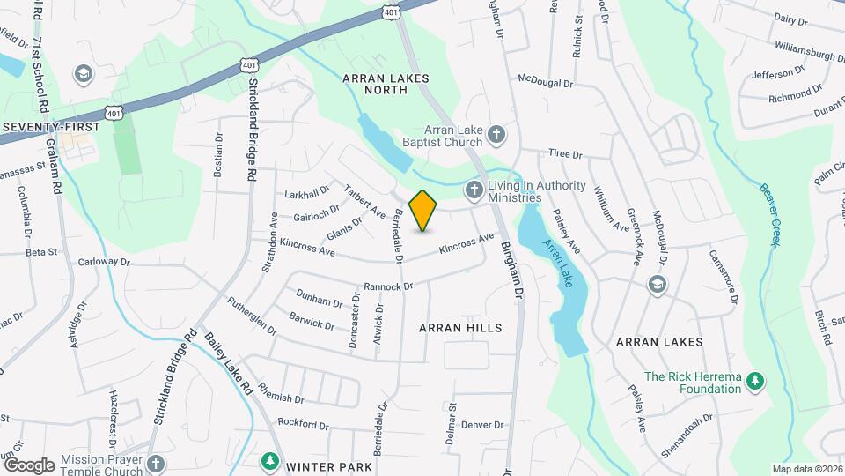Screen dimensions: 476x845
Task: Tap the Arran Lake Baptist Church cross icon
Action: [496, 134]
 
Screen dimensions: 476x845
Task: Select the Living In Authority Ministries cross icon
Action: [474, 189]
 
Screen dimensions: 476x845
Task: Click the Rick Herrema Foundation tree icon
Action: [754, 381]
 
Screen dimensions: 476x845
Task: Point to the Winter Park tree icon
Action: [269, 461]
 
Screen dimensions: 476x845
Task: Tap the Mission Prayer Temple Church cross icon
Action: [155, 463]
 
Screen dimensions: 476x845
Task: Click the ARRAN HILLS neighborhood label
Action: [460, 328]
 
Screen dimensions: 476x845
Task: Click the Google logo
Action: [28, 465]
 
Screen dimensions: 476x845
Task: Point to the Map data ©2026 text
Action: [806, 469]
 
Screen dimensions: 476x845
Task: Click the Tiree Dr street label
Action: [565, 153]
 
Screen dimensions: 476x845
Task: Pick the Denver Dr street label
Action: [481, 424]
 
